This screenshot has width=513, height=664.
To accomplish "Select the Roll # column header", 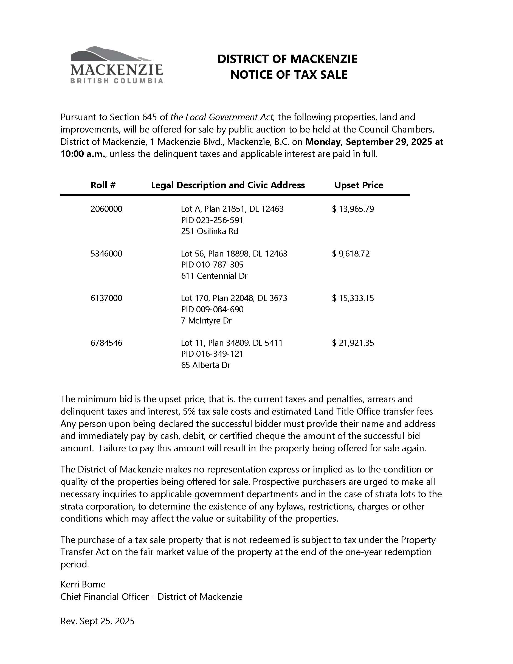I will (103, 185).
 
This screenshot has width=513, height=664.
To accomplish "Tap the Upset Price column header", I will (358, 185).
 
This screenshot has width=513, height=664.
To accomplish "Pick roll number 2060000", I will (106, 209).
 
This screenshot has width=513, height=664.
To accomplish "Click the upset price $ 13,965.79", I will (353, 209).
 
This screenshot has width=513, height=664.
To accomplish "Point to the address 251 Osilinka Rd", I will (209, 231).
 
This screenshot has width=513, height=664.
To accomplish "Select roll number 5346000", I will (106, 254).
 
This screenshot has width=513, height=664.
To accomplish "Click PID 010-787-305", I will (212, 265).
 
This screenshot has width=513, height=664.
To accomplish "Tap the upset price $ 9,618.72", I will (351, 254).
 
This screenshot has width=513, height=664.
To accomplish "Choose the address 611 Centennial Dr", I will (214, 276).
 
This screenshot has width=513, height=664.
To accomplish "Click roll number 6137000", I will (106, 298).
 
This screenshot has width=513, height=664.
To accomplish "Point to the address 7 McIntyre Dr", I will (206, 320).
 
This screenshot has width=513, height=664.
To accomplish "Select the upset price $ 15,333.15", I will (353, 298).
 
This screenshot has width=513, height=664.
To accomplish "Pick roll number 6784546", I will (106, 343).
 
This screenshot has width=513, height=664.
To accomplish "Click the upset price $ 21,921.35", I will (353, 343).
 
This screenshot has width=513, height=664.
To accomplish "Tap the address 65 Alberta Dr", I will (205, 365).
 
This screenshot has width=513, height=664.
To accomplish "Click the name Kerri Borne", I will (83, 584).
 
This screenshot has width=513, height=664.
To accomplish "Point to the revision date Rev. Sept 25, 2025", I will (97, 621).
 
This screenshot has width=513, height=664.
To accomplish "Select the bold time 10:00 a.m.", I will (83, 154).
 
